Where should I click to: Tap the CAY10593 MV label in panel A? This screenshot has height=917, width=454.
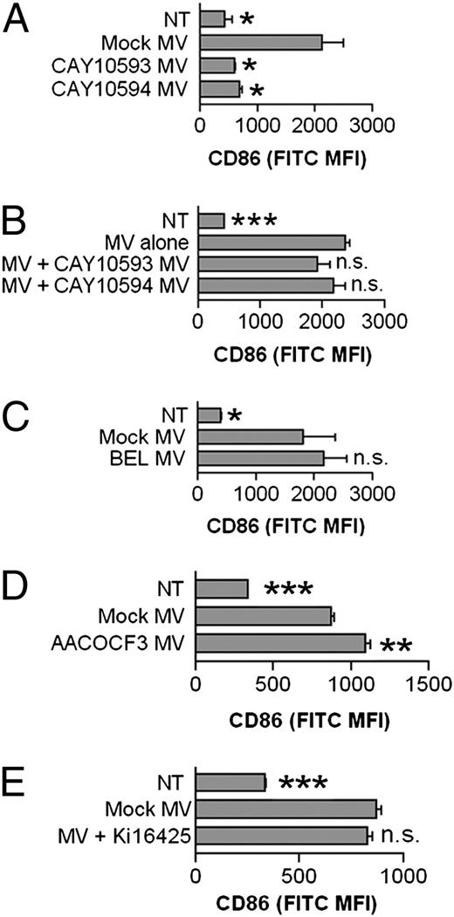[x=142, y=65]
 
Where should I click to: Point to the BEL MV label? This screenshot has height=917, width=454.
[x=158, y=456]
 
